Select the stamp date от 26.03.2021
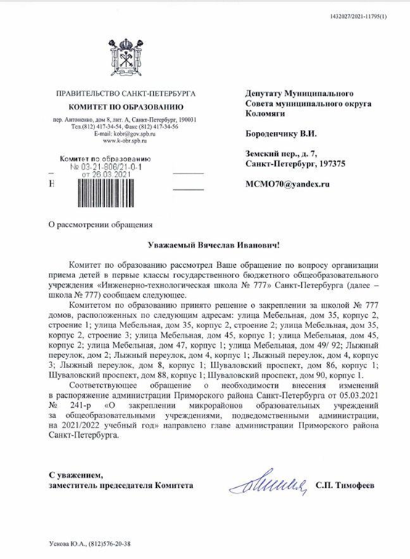(x=106, y=174)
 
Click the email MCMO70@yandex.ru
(x=288, y=184)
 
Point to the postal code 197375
(x=328, y=164)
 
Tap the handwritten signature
(x=269, y=483)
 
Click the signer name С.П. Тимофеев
(x=345, y=484)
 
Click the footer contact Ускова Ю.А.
(x=65, y=542)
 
